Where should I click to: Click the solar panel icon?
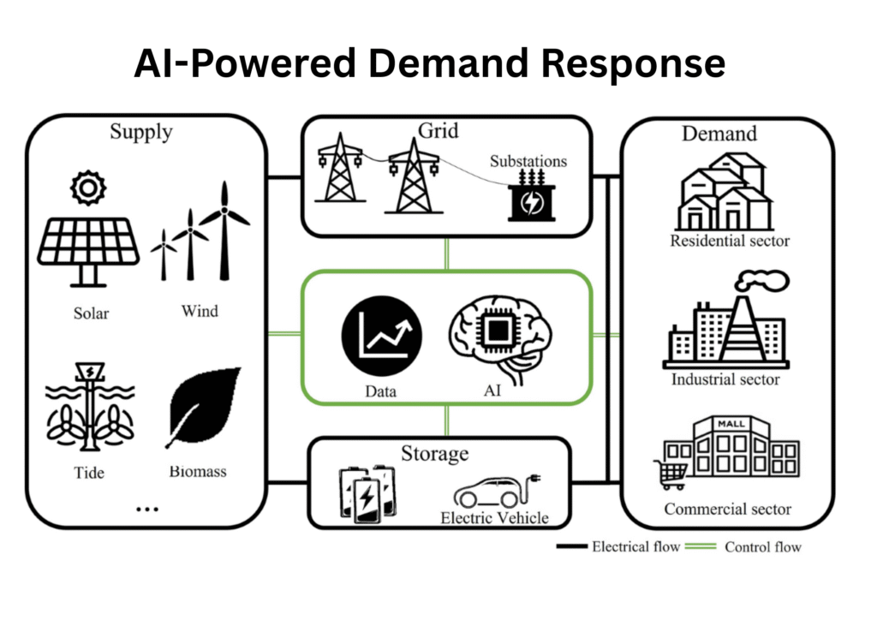click(x=88, y=248)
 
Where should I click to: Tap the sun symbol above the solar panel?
click(x=87, y=188)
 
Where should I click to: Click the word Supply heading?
click(x=140, y=132)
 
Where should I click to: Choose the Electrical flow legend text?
click(x=635, y=546)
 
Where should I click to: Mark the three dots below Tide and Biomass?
click(x=147, y=509)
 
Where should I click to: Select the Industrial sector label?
click(x=725, y=378)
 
